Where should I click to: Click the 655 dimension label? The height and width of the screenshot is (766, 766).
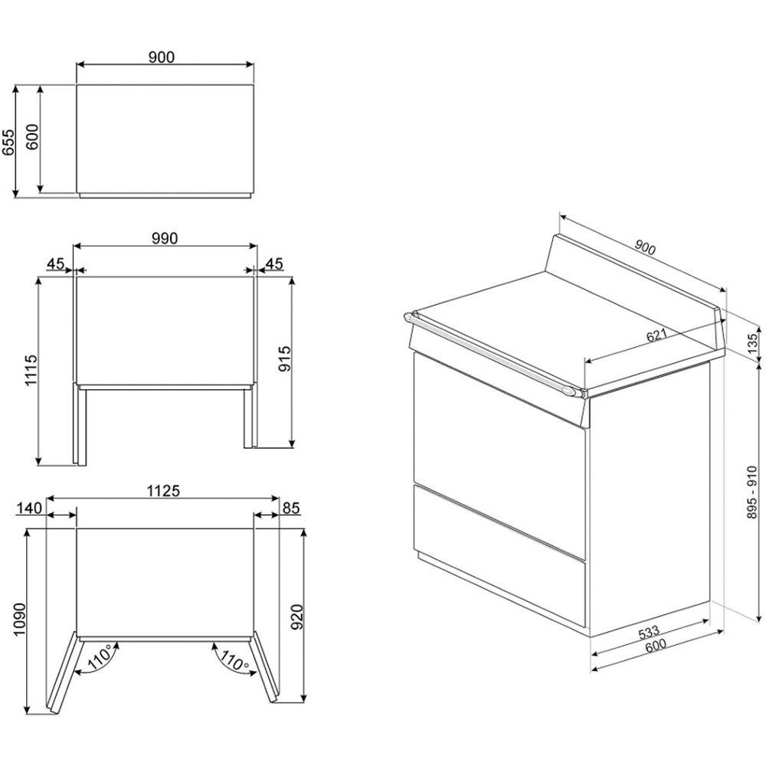click(8, 142)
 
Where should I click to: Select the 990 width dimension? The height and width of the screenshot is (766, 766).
click(165, 239)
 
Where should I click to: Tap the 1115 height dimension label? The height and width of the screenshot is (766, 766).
click(31, 370)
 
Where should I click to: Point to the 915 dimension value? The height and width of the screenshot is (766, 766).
click(284, 358)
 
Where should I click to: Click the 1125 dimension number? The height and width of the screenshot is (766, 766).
click(164, 490)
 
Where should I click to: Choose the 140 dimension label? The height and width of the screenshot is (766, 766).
click(29, 508)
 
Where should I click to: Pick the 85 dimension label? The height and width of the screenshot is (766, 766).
click(290, 508)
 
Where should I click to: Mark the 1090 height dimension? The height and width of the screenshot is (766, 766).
click(19, 620)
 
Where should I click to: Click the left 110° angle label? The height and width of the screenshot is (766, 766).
click(101, 657)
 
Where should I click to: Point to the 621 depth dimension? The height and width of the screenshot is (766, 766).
click(656, 336)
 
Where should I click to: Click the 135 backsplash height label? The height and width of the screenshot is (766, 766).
click(753, 343)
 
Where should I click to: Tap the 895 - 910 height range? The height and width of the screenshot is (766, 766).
click(752, 493)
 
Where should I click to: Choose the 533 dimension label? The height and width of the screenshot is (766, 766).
click(650, 632)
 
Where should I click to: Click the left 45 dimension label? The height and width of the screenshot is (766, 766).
click(56, 264)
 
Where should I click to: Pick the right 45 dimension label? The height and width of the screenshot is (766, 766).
click(274, 264)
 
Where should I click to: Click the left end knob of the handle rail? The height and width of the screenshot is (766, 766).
click(409, 317)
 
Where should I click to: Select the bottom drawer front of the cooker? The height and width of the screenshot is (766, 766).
click(499, 556)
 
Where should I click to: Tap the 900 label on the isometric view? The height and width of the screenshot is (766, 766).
click(645, 248)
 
